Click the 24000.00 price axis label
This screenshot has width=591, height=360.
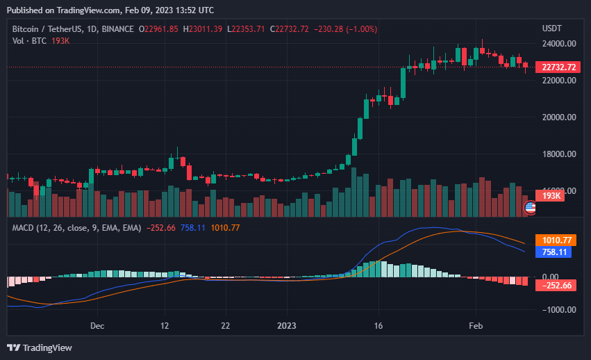(559, 43)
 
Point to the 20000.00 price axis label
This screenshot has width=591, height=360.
(559, 117)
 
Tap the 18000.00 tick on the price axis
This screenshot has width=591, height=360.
(559, 154)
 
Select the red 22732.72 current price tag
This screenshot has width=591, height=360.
(559, 67)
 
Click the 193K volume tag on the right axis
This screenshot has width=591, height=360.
(551, 196)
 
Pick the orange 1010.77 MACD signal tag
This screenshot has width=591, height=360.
(556, 240)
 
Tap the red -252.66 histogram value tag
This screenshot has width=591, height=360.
(557, 285)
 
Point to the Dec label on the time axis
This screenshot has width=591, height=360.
(97, 325)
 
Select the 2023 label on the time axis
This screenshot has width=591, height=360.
(287, 325)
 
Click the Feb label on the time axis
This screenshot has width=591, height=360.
(476, 325)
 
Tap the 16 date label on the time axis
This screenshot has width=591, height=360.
(378, 325)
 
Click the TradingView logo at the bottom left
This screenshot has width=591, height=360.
(40, 347)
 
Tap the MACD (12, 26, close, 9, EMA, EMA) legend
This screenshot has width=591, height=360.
(77, 228)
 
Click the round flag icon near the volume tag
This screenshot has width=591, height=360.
(530, 206)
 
